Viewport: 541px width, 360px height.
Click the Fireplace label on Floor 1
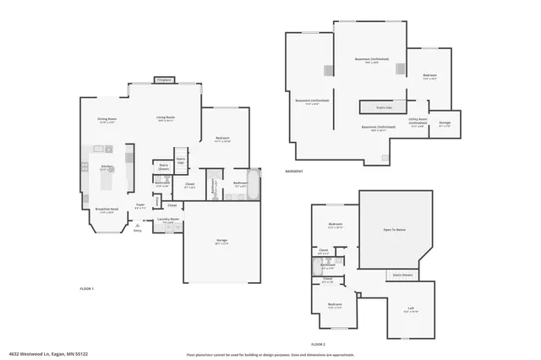[164, 80]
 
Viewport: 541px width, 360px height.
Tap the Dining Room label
[107, 119]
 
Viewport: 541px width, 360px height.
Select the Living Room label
[166, 117]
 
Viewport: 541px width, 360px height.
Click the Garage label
[221, 241]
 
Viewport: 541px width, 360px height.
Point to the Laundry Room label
[168, 219]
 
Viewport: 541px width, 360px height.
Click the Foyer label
[140, 204]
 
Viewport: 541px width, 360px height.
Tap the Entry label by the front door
[137, 230]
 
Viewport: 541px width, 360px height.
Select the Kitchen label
[107, 167]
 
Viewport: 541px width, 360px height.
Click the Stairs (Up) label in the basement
[383, 108]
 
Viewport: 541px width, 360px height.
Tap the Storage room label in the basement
[445, 123]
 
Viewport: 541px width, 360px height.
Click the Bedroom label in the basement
[429, 76]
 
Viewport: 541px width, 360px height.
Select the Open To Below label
[395, 230]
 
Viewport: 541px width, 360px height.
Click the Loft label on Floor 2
[410, 308]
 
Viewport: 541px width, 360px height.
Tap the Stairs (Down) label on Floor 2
[402, 275]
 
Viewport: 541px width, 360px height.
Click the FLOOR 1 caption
[86, 288]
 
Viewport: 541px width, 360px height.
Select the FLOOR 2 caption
[318, 344]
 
